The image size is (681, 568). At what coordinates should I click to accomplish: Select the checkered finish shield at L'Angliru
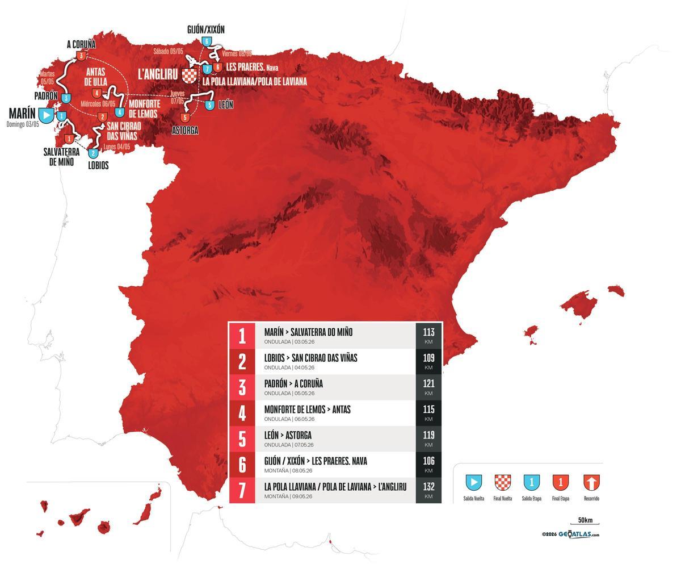click(x=189, y=74)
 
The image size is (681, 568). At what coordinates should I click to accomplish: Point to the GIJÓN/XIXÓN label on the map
click(x=206, y=30)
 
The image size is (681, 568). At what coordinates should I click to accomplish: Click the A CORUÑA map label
click(x=81, y=44)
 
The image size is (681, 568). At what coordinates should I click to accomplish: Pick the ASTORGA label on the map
click(x=185, y=130)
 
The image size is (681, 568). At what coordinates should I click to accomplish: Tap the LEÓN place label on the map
click(x=225, y=105)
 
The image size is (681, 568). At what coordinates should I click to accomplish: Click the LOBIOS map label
click(x=98, y=165)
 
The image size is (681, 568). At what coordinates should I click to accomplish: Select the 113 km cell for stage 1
click(x=428, y=335)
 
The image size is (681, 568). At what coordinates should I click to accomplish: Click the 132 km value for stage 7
click(x=428, y=490)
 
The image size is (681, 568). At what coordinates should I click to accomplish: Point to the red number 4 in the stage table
click(x=242, y=413)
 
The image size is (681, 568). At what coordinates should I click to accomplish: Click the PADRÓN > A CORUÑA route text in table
click(x=293, y=383)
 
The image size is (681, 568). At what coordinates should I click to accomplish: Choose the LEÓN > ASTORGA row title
click(x=288, y=435)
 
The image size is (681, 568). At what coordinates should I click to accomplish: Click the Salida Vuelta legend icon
click(x=474, y=483)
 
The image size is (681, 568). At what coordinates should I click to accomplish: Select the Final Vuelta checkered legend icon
click(x=503, y=483)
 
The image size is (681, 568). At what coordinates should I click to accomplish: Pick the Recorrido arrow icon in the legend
click(x=591, y=483)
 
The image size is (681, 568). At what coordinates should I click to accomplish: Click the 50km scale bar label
click(x=585, y=520)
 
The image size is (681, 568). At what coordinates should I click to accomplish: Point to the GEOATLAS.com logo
click(x=578, y=534)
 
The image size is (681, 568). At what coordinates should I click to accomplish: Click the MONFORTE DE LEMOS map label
click(x=144, y=108)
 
